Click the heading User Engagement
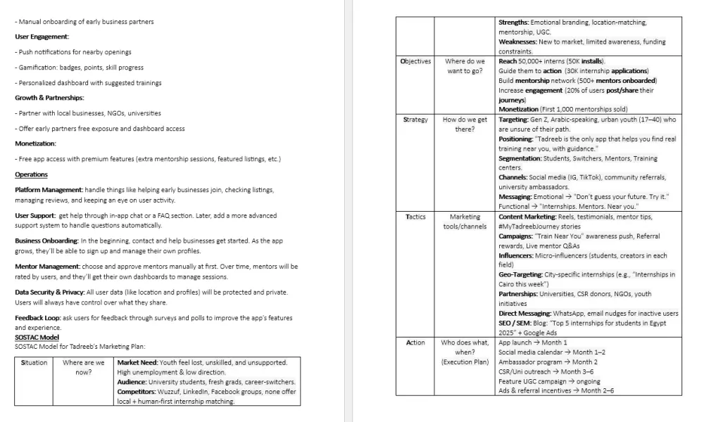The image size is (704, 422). (42, 37)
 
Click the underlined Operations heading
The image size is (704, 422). (31, 174)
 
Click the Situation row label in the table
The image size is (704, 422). (34, 363)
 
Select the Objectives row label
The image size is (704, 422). (415, 61)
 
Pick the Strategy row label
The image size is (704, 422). (415, 120)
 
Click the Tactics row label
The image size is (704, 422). (415, 217)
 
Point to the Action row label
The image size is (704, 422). (415, 343)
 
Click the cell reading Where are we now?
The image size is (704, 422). (83, 367)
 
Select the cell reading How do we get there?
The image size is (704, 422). (465, 124)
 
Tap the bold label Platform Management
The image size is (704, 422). (47, 190)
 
